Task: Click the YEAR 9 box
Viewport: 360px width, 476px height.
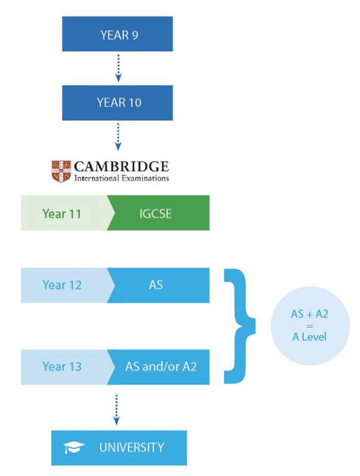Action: click(x=119, y=34)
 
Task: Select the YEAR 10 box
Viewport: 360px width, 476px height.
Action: click(x=119, y=102)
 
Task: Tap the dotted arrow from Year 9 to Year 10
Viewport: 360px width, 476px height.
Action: click(x=119, y=68)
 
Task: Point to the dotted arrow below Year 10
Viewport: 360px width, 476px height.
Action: click(x=119, y=137)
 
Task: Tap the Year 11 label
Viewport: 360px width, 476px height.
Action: click(x=62, y=213)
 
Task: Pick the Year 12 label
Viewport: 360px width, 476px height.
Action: click(x=62, y=285)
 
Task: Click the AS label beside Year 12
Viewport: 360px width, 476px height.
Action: click(x=156, y=285)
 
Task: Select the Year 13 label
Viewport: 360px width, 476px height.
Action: click(x=62, y=367)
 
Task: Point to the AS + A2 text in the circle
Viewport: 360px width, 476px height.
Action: click(x=309, y=314)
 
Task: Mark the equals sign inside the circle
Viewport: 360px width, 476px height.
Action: click(x=309, y=325)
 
